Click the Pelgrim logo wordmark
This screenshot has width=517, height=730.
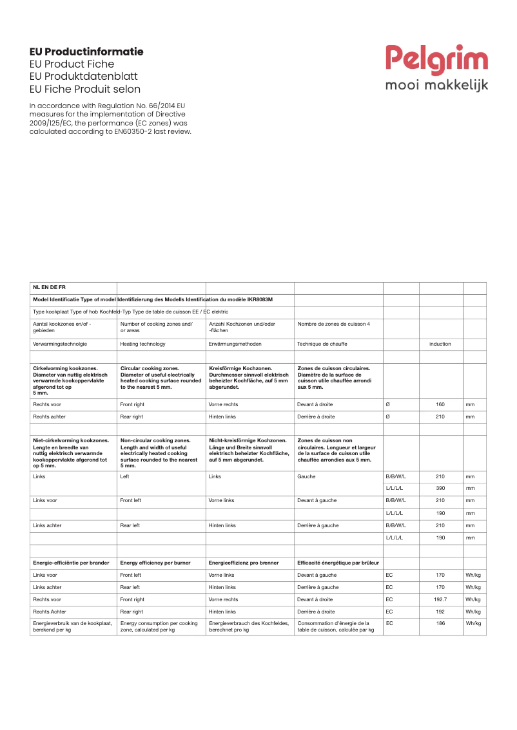pos(436,61)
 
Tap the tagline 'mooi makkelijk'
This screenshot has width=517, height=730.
pos(436,85)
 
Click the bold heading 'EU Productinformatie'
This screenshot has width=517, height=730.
pos(86,51)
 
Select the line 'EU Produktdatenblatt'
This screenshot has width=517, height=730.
pos(84,77)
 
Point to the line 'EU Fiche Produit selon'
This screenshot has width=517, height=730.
pos(85,89)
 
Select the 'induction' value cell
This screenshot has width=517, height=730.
pos(440,344)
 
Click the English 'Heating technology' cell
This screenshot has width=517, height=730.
pos(142,344)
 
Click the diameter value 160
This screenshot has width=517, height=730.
pos(440,404)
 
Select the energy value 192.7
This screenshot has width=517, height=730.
pos(440,599)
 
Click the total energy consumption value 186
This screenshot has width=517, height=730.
pos(440,624)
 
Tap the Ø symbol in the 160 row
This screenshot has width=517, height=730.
pos(387,404)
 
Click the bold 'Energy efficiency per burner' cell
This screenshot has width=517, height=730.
pos(155,563)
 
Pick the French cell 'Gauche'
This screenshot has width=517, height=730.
pos(306,477)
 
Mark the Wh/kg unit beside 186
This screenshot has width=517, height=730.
pos(473,624)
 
